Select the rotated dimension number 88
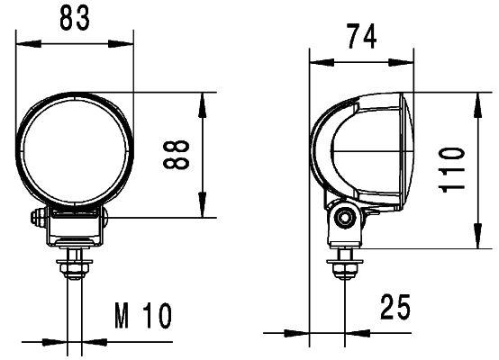(180, 154)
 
